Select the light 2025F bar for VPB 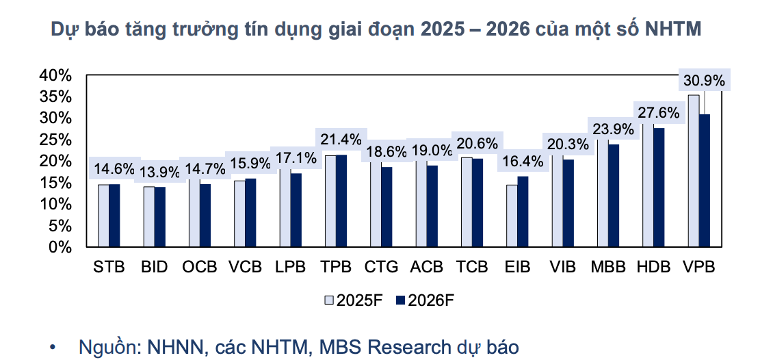pyautogui.click(x=693, y=171)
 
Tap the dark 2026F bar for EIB pyautogui.click(x=523, y=211)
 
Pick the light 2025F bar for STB pyautogui.click(x=103, y=216)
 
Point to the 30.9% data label pyautogui.click(x=704, y=81)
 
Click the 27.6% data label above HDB pyautogui.click(x=659, y=113)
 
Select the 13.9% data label pyautogui.click(x=160, y=171)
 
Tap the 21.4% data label pyautogui.click(x=341, y=140)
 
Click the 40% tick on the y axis pyautogui.click(x=55, y=75)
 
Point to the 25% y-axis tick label pyautogui.click(x=55, y=140)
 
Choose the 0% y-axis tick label pyautogui.click(x=60, y=246)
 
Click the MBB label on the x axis pyautogui.click(x=608, y=267)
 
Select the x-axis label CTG pyautogui.click(x=381, y=267)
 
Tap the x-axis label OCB pyautogui.click(x=199, y=267)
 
